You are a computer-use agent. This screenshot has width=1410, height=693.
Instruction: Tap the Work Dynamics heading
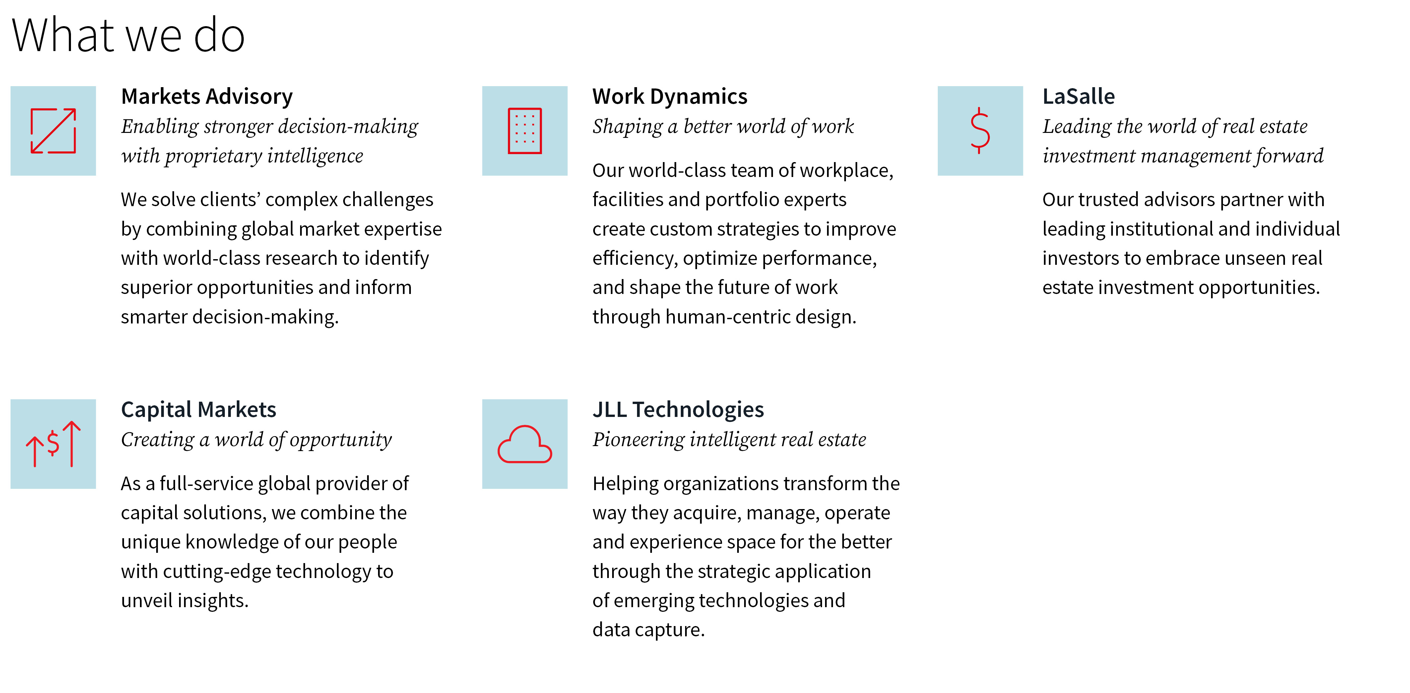pyautogui.click(x=670, y=97)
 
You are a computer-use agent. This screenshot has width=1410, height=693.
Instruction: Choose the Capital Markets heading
pyautogui.click(x=198, y=410)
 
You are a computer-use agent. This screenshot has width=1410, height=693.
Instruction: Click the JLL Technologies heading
pyautogui.click(x=677, y=410)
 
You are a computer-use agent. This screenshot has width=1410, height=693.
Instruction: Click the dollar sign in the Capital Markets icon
pyautogui.click(x=53, y=443)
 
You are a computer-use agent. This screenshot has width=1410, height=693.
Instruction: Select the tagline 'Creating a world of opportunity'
pyautogui.click(x=256, y=440)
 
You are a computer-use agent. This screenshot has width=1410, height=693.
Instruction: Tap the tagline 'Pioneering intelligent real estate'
pyautogui.click(x=729, y=440)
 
